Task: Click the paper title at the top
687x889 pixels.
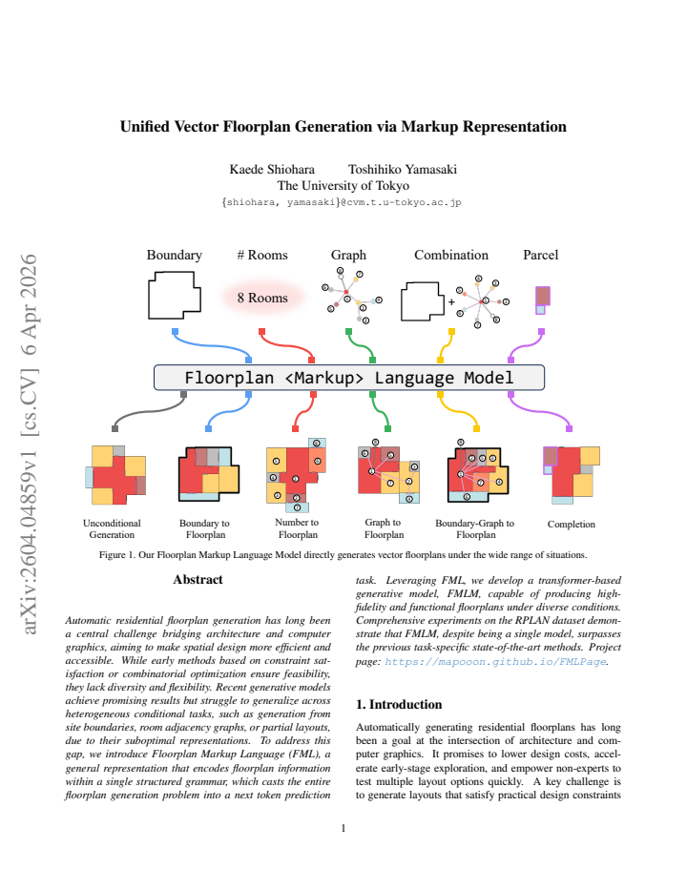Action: pyautogui.click(x=343, y=127)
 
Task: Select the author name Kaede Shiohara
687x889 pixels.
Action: pyautogui.click(x=272, y=170)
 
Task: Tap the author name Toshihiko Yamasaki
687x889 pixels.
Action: pyautogui.click(x=403, y=170)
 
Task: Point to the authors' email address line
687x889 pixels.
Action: pyautogui.click(x=342, y=202)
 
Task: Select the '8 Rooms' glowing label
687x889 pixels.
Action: pyautogui.click(x=262, y=298)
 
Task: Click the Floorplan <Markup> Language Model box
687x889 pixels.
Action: pyautogui.click(x=349, y=378)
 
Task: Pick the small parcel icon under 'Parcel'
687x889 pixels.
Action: pyautogui.click(x=542, y=300)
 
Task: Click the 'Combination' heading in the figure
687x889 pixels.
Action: pyautogui.click(x=451, y=255)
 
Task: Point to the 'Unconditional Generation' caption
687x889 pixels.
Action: pyautogui.click(x=112, y=529)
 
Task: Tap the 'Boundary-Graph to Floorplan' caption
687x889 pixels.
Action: pyautogui.click(x=475, y=529)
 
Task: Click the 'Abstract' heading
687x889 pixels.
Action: pyautogui.click(x=198, y=579)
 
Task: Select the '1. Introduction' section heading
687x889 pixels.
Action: pyautogui.click(x=399, y=704)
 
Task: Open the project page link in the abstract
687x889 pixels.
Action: pyautogui.click(x=495, y=662)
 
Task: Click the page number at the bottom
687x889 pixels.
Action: pyautogui.click(x=343, y=828)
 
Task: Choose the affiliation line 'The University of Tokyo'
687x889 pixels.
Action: pyautogui.click(x=343, y=186)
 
